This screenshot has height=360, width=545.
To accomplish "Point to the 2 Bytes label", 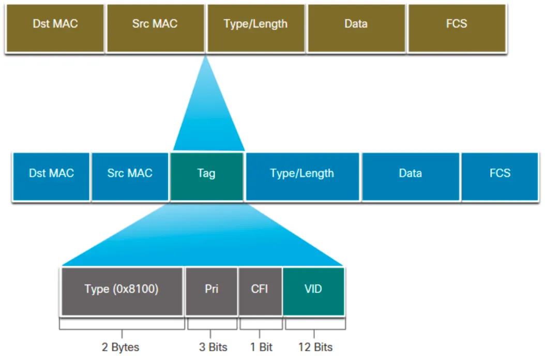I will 120,347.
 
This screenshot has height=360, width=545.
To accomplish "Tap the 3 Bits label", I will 213,347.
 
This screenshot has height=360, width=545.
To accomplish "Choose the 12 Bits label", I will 315,347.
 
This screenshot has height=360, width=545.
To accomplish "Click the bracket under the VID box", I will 314,326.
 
